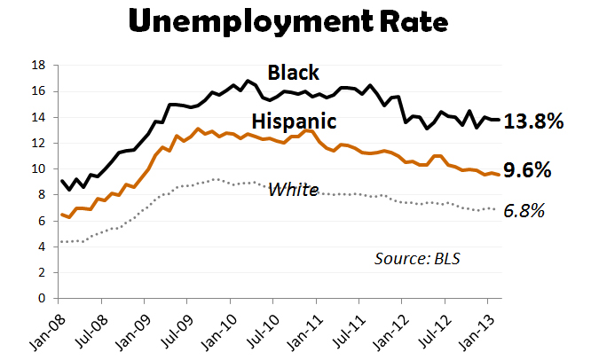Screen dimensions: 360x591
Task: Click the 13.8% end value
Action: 534,122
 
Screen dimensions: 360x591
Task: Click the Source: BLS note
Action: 418,258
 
